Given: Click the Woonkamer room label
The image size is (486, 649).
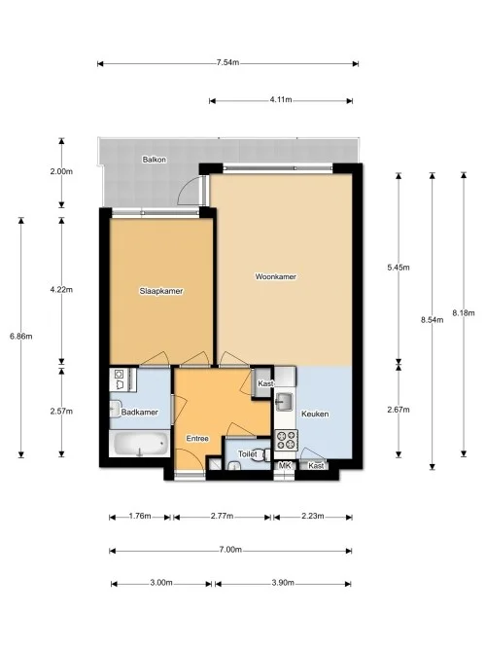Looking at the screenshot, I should tap(275, 276).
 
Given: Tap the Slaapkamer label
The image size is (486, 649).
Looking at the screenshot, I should tap(161, 291).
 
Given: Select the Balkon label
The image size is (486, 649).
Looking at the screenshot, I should tap(153, 159).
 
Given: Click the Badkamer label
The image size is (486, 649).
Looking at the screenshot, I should tap(140, 413).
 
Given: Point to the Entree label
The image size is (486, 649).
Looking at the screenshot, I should tap(198, 439).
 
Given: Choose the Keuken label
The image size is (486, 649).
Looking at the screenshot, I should tap(315, 414).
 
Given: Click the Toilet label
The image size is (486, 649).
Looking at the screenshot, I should tap(246, 453).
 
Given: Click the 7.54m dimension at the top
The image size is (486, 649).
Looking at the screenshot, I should tap(227, 64).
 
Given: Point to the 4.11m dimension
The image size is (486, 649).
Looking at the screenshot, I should tap(283, 100).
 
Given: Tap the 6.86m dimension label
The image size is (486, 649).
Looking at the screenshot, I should tap(20, 337).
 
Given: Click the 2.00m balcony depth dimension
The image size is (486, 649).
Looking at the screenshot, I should tap(61, 171).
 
